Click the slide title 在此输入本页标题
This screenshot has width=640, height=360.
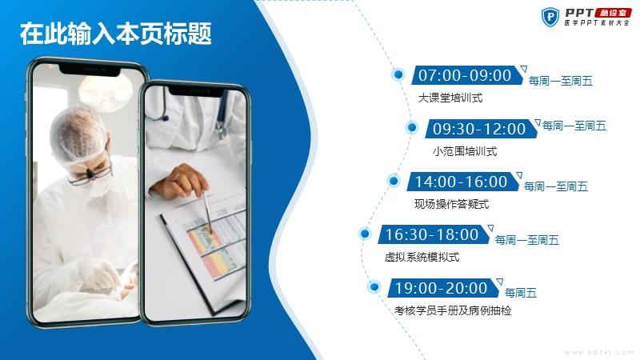(116, 34)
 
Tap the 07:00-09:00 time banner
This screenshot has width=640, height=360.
(467, 75)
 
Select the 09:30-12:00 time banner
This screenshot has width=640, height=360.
(481, 129)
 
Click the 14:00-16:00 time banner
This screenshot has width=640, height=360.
(463, 182)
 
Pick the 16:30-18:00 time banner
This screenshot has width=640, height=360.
(434, 234)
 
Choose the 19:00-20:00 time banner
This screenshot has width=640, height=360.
(443, 288)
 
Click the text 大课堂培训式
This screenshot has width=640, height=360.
(450, 98)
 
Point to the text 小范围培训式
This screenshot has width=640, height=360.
(465, 151)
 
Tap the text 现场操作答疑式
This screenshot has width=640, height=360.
(452, 204)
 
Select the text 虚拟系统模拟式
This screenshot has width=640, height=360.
(422, 257)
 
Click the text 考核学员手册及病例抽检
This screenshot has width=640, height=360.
(453, 310)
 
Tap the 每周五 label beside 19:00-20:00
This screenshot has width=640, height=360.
(521, 293)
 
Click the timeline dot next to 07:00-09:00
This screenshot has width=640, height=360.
(398, 74)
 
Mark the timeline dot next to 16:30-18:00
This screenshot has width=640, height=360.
(365, 234)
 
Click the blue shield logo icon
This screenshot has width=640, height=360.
(550, 17)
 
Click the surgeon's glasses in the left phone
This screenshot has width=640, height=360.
(90, 174)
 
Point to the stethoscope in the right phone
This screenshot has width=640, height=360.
(192, 111)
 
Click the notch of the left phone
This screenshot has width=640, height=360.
(90, 70)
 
